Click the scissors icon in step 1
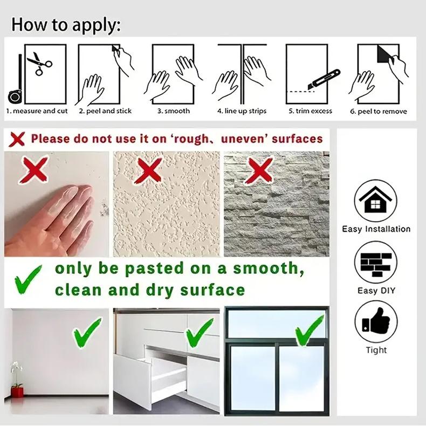coord(39,63)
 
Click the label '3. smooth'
coord(174,111)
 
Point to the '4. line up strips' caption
coord(242,111)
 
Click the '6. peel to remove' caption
coord(379,112)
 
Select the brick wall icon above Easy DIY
coord(376,263)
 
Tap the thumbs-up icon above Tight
coord(376,322)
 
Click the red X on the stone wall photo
coord(259,171)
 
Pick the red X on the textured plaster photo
coord(148,171)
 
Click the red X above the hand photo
coord(35,170)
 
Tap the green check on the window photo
coord(310,332)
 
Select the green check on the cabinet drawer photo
coord(200,333)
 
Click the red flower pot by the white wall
coord(17,392)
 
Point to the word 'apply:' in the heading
coord(97,25)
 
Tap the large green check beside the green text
coord(28,280)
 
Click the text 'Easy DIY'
coord(376,291)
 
